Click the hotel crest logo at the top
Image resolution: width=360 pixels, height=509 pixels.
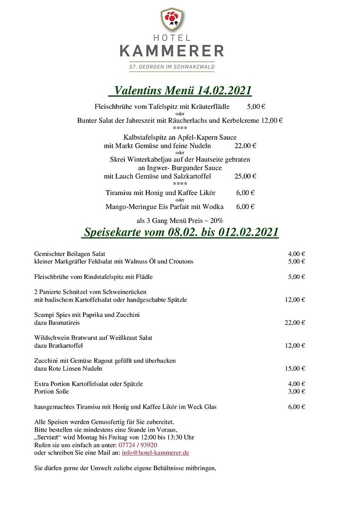(171, 19)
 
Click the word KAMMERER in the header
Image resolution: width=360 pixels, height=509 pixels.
(171, 50)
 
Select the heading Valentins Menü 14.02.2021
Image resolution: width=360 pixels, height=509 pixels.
(180, 90)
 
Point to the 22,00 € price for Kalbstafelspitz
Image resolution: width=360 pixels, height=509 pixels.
(245, 146)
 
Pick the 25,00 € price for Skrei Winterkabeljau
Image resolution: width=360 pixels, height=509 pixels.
(245, 176)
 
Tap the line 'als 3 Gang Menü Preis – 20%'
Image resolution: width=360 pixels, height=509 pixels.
(180, 220)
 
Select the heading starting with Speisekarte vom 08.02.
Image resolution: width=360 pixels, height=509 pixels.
(180, 233)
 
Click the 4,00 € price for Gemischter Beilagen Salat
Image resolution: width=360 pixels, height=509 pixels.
(297, 254)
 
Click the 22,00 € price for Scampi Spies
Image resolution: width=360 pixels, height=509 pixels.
(295, 322)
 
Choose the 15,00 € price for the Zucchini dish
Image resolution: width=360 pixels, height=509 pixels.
(295, 368)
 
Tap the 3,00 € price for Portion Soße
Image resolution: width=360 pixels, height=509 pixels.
(297, 391)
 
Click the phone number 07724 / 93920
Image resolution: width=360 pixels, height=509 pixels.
(138, 445)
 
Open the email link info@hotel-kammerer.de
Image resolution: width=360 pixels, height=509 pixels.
(155, 453)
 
